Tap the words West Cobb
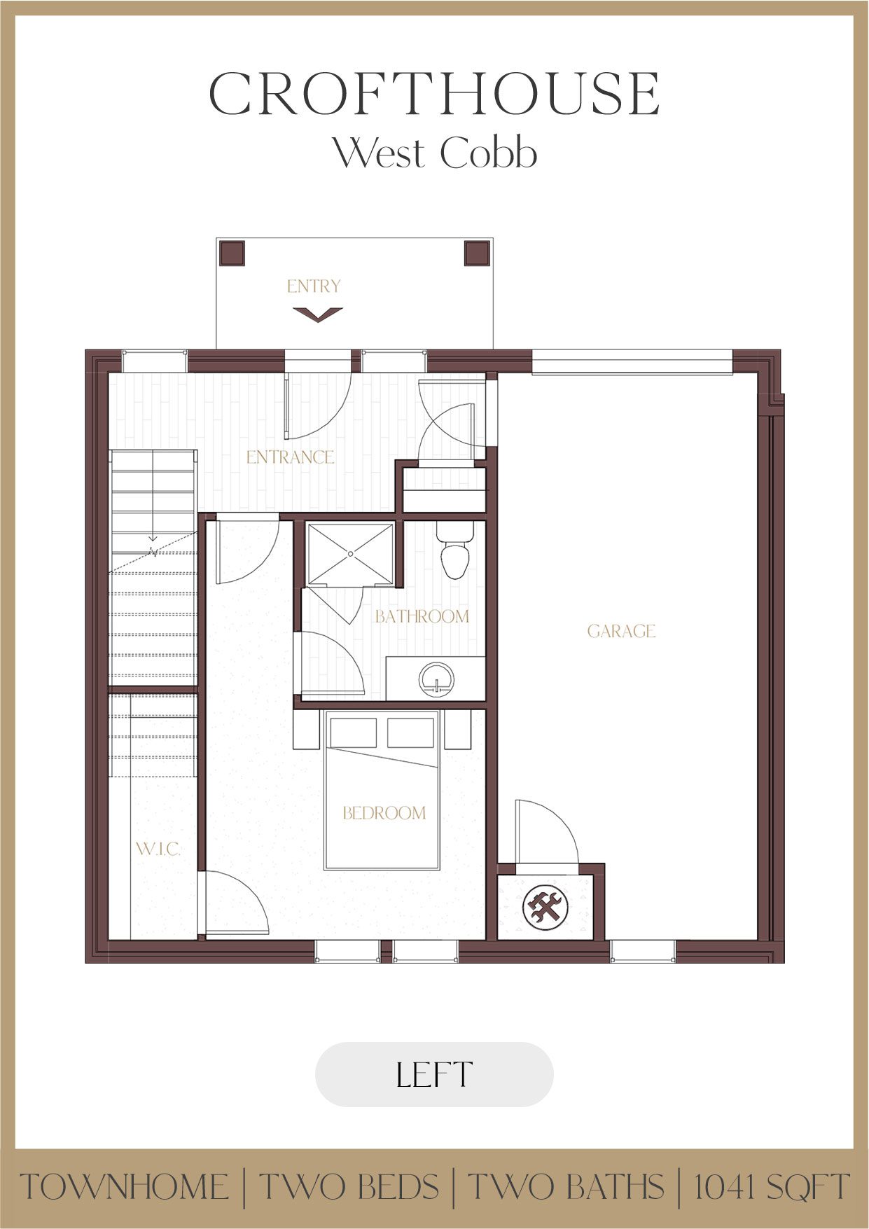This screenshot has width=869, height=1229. pos(434,153)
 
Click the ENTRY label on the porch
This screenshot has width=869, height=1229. pos(314,286)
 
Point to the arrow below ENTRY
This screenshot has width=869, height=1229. pos(317,314)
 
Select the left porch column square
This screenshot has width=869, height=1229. pos(232,254)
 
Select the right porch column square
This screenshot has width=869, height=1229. pos(477,254)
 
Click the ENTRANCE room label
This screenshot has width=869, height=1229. pos(290,457)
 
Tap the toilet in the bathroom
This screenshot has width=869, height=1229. pos(454,553)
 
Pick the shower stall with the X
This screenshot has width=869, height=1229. pos(350,554)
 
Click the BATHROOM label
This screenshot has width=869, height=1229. pos(422,616)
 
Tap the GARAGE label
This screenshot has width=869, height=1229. pos(621,632)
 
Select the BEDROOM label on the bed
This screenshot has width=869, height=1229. pos(384,813)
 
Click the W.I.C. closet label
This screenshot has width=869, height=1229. pos(158,849)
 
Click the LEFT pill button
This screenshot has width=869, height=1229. pos(434,1075)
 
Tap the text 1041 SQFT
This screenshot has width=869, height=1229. pos(771,1187)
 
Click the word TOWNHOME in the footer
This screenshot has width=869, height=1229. pos(125,1187)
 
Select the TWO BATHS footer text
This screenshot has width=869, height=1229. pos(565,1187)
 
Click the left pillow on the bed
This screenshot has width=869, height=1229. pos(353,732)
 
